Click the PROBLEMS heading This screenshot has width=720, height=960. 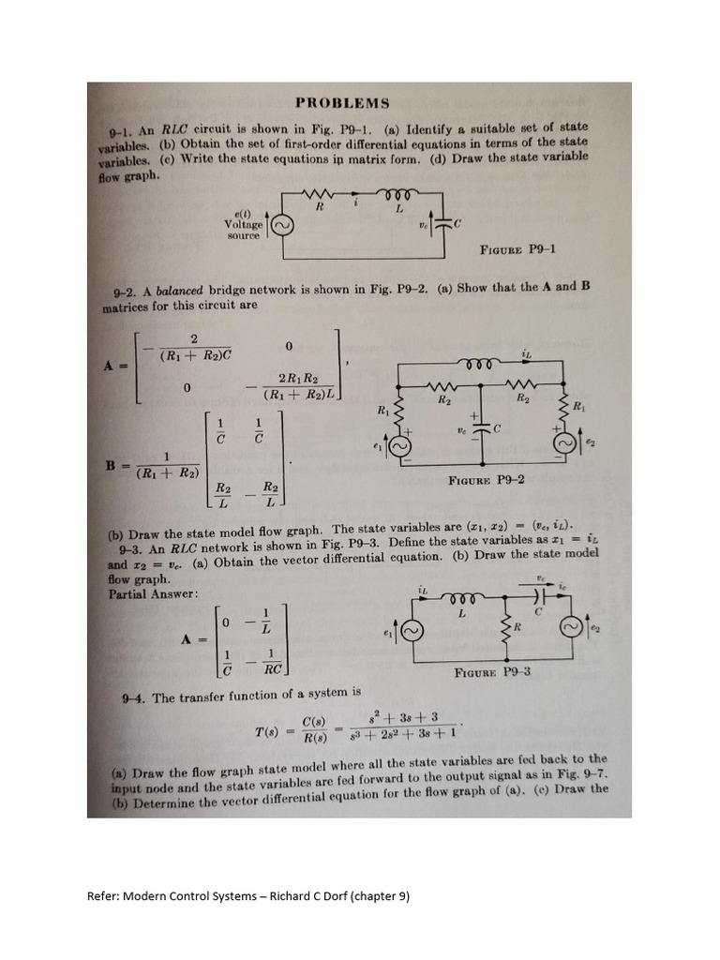[x=341, y=103]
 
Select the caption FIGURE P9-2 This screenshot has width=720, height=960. [x=486, y=480]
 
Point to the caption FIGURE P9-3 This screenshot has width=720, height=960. [x=492, y=671]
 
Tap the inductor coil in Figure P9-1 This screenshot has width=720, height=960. [x=390, y=193]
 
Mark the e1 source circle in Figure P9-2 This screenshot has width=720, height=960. [x=400, y=448]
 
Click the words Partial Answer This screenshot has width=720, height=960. [x=141, y=593]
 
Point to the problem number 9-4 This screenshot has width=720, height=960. [x=135, y=697]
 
